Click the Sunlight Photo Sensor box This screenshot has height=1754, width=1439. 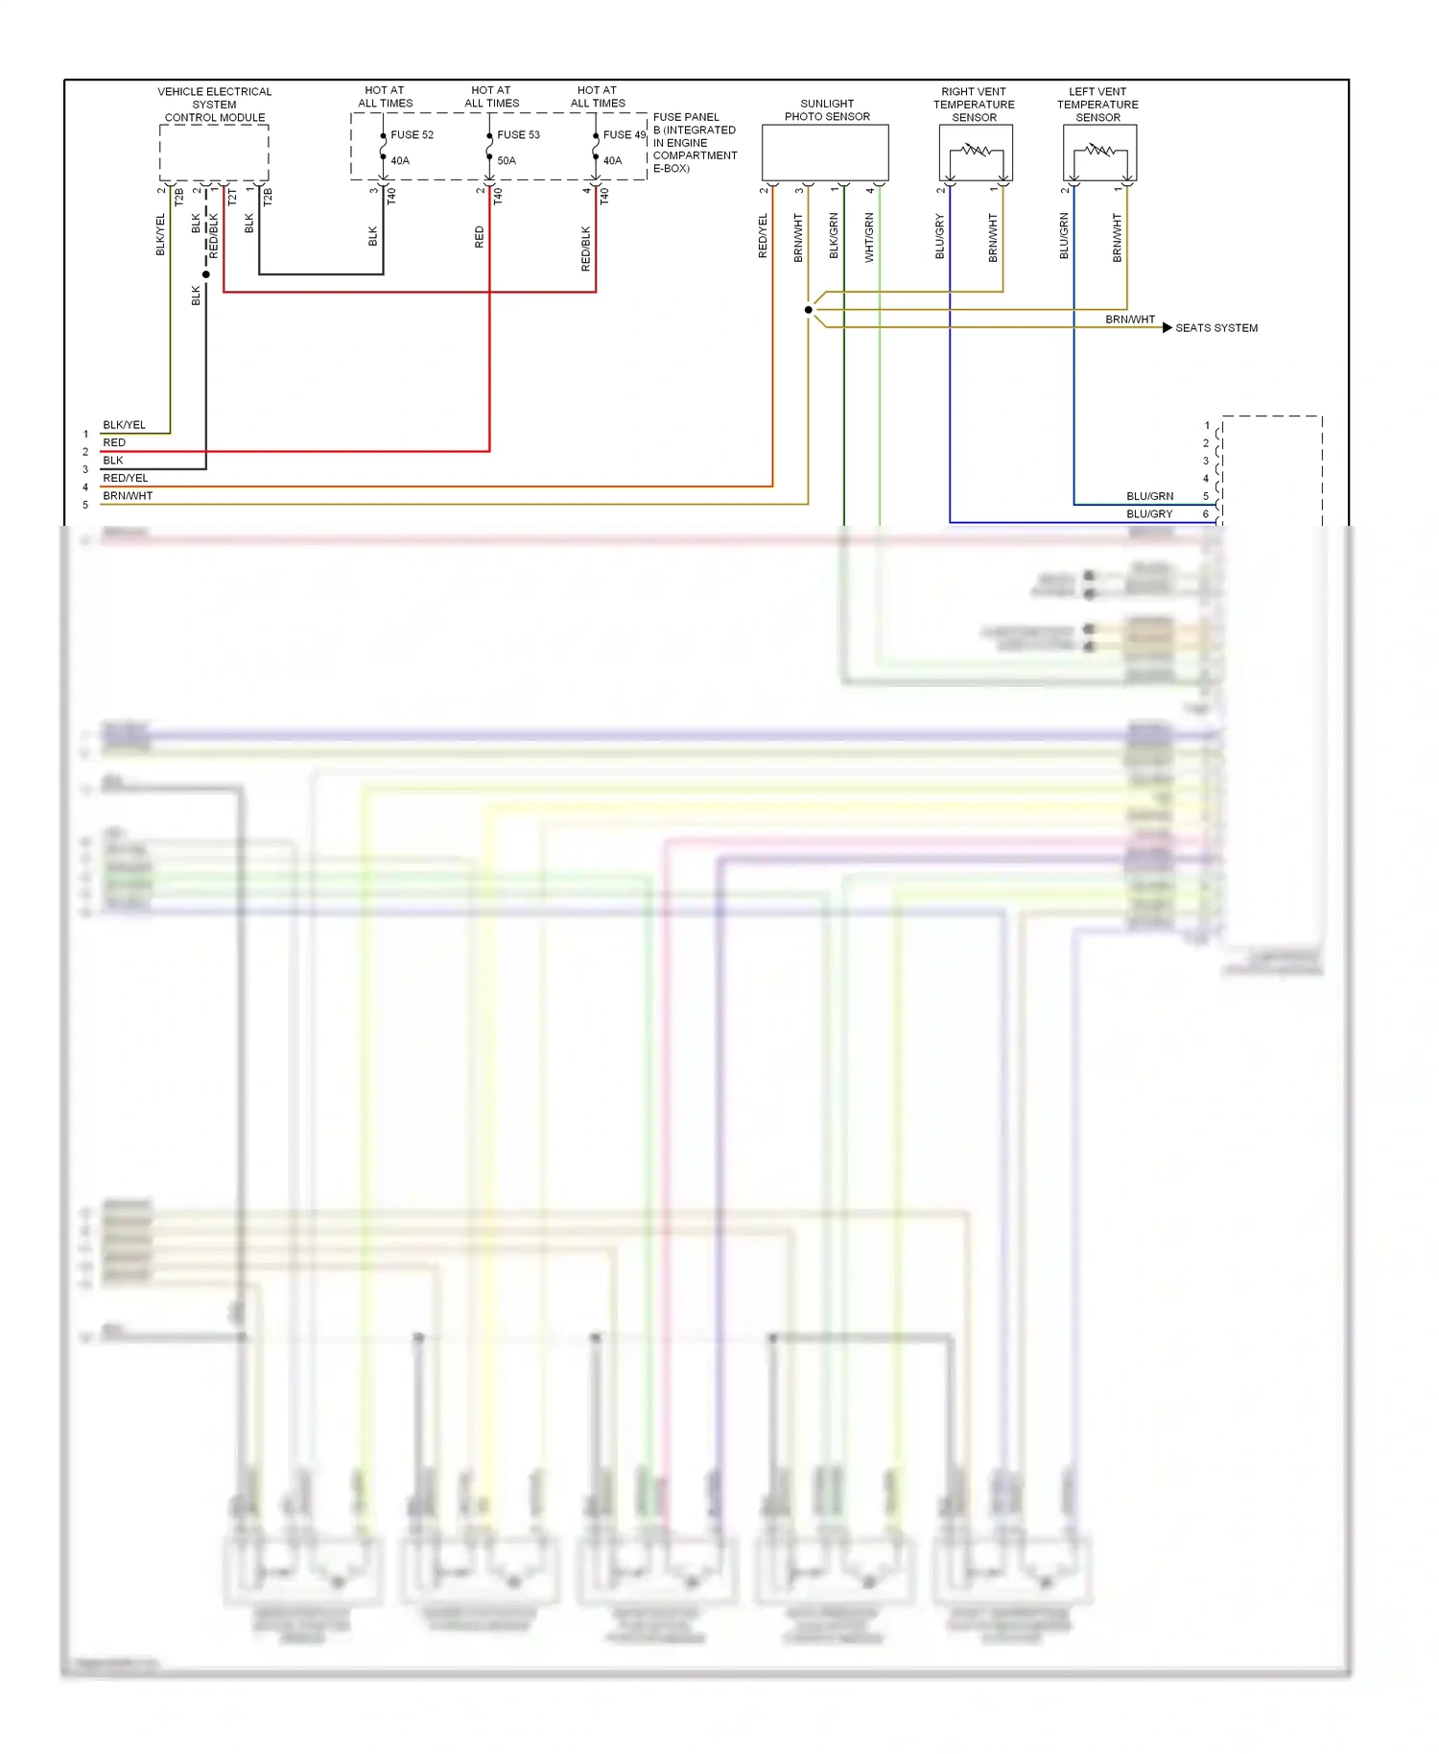(x=825, y=152)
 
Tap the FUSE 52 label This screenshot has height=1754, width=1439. (x=412, y=135)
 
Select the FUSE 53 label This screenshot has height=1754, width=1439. (x=518, y=135)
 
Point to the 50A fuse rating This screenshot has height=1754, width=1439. (x=507, y=161)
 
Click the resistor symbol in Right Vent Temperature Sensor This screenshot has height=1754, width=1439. (x=976, y=151)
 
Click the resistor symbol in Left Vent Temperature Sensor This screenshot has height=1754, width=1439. (x=1099, y=151)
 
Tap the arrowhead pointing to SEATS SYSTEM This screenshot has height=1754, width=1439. (x=1167, y=328)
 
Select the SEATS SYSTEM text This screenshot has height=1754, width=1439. (x=1216, y=328)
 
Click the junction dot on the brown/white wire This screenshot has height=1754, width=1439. (x=809, y=310)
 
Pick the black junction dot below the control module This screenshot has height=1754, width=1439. (x=206, y=274)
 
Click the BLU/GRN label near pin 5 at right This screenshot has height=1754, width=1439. (x=1149, y=496)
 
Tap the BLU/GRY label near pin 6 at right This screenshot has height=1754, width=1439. (x=1149, y=514)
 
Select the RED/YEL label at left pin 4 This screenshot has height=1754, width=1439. (x=126, y=478)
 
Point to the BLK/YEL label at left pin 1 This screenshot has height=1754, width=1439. (x=125, y=425)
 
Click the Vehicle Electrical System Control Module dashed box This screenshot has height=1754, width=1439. (x=214, y=152)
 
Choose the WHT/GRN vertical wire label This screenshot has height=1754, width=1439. (x=869, y=238)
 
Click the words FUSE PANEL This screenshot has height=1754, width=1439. (x=686, y=117)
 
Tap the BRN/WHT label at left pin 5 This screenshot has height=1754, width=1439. (x=128, y=496)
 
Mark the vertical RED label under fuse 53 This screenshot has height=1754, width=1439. (x=480, y=237)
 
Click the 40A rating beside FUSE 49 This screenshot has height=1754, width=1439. (x=612, y=161)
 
